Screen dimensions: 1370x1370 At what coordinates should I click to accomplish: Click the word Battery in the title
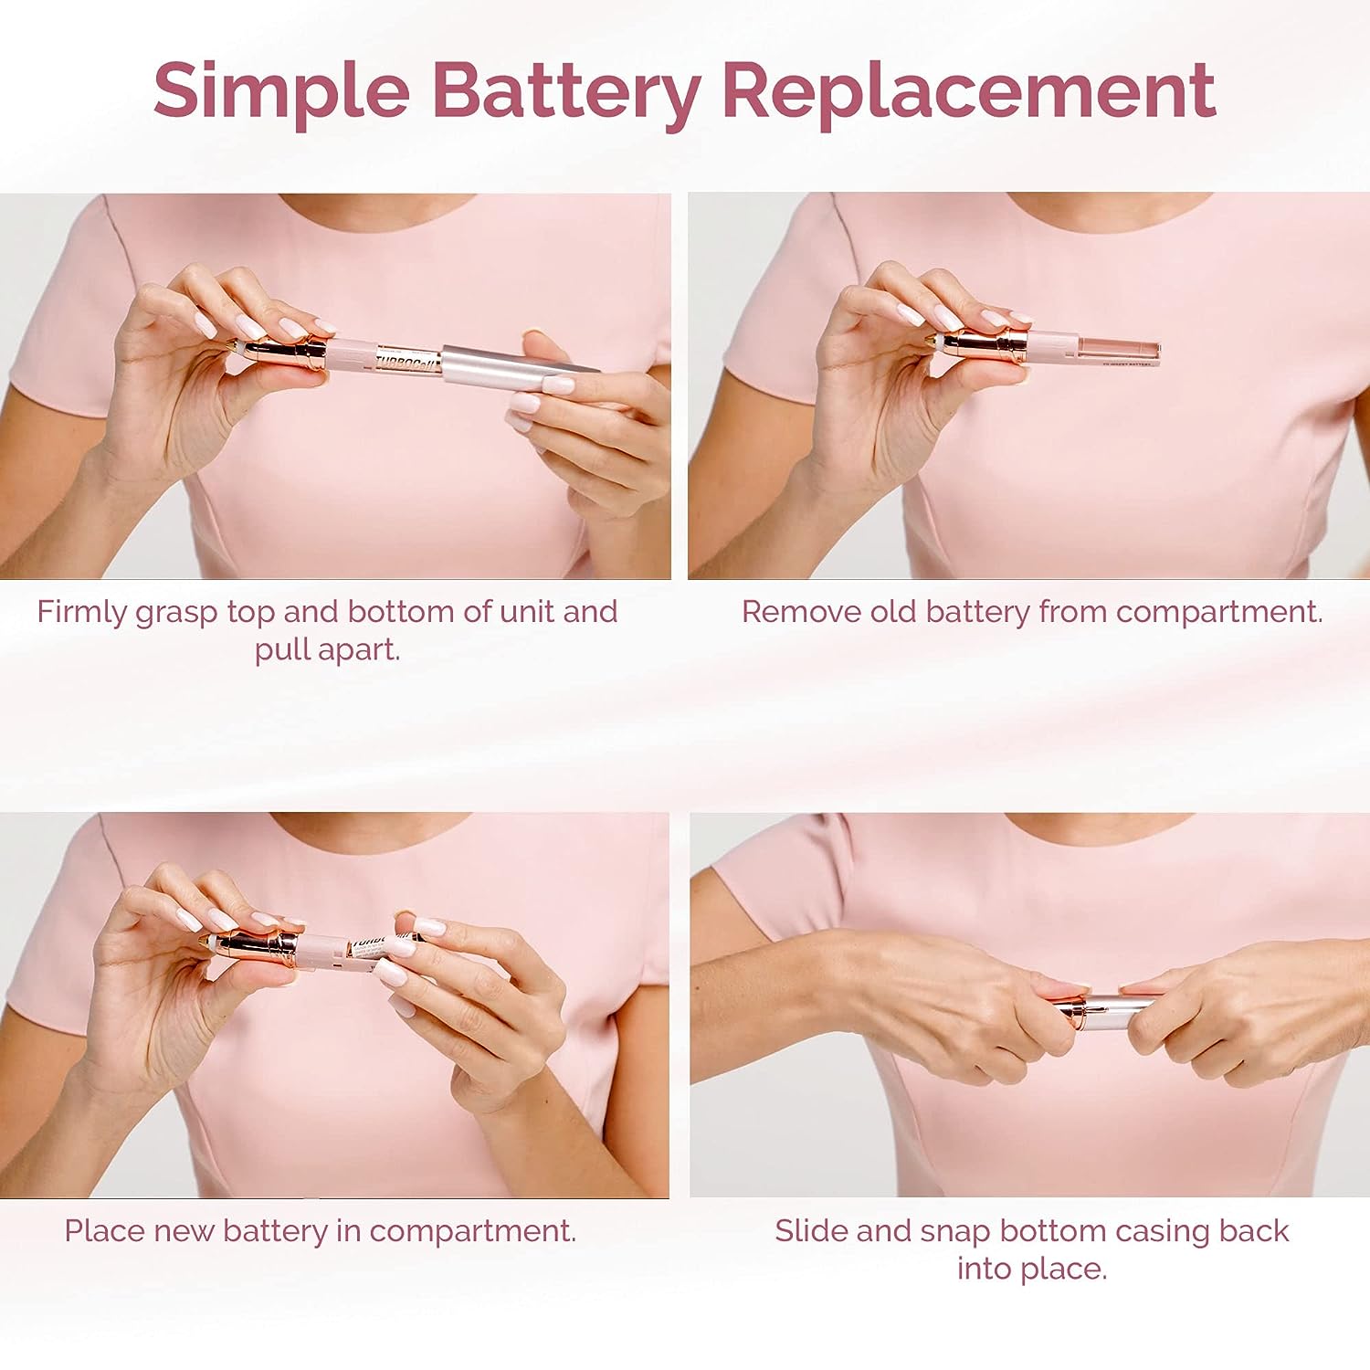coord(565,91)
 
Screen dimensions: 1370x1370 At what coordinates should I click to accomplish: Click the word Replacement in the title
coord(968,91)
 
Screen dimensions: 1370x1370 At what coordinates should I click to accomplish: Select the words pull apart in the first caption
coord(327,650)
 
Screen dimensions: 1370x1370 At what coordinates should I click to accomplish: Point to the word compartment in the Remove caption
coord(1218,612)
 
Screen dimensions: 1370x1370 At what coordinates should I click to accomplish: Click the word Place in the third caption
coord(104,1231)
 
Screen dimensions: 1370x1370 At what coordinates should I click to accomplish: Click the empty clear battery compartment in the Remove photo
coord(1120,350)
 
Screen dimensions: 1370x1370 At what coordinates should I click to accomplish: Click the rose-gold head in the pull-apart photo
coord(279,352)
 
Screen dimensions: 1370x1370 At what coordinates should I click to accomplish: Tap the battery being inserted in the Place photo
coord(375,948)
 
